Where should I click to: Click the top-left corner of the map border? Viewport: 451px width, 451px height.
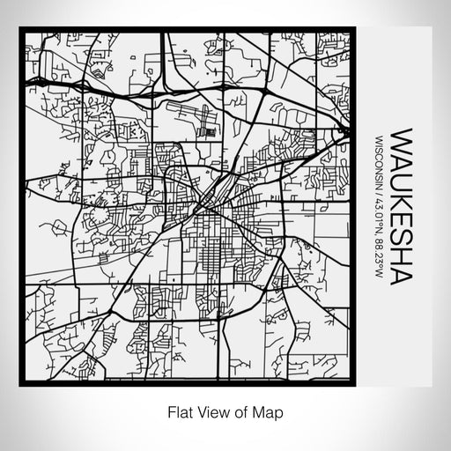pos(21,30)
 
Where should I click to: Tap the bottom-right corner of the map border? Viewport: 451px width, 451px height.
pos(355,385)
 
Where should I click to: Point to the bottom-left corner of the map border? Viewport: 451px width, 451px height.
pos(21,385)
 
